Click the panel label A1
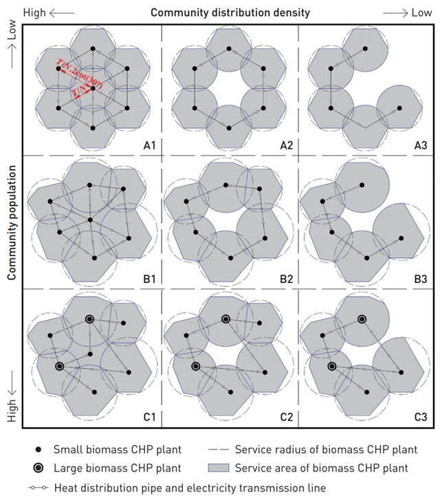[x=150, y=145]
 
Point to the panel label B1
[x=150, y=279]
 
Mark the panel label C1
[x=150, y=415]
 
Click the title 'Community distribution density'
[x=230, y=12]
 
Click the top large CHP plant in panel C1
[x=89, y=319]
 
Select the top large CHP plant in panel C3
[x=362, y=319]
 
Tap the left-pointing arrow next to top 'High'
[x=61, y=12]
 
